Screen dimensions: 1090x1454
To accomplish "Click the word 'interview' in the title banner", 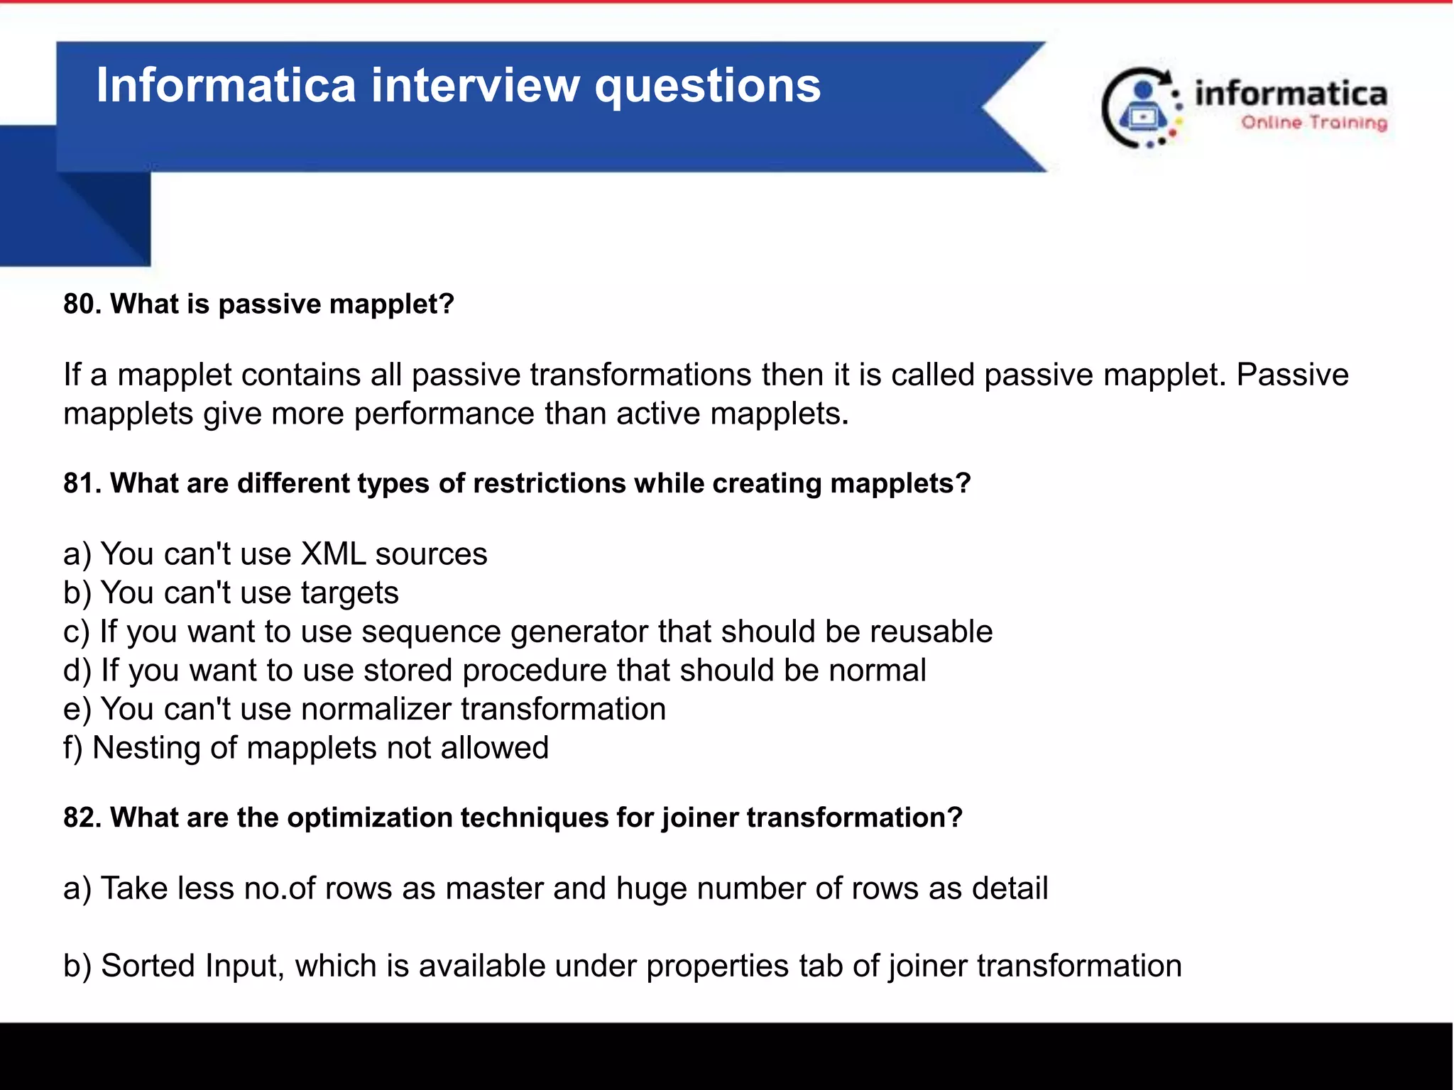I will coord(476,85).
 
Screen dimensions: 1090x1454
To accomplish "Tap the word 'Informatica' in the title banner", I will coord(226,85).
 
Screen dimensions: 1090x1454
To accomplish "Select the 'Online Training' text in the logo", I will coord(1314,123).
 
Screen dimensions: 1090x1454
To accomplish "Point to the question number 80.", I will coord(82,304).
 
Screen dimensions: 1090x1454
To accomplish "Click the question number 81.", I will coord(82,483).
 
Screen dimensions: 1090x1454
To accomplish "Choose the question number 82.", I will coord(82,817).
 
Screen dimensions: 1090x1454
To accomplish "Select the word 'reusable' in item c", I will coord(931,632).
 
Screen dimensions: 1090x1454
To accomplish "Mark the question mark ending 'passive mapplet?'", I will coord(447,304).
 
